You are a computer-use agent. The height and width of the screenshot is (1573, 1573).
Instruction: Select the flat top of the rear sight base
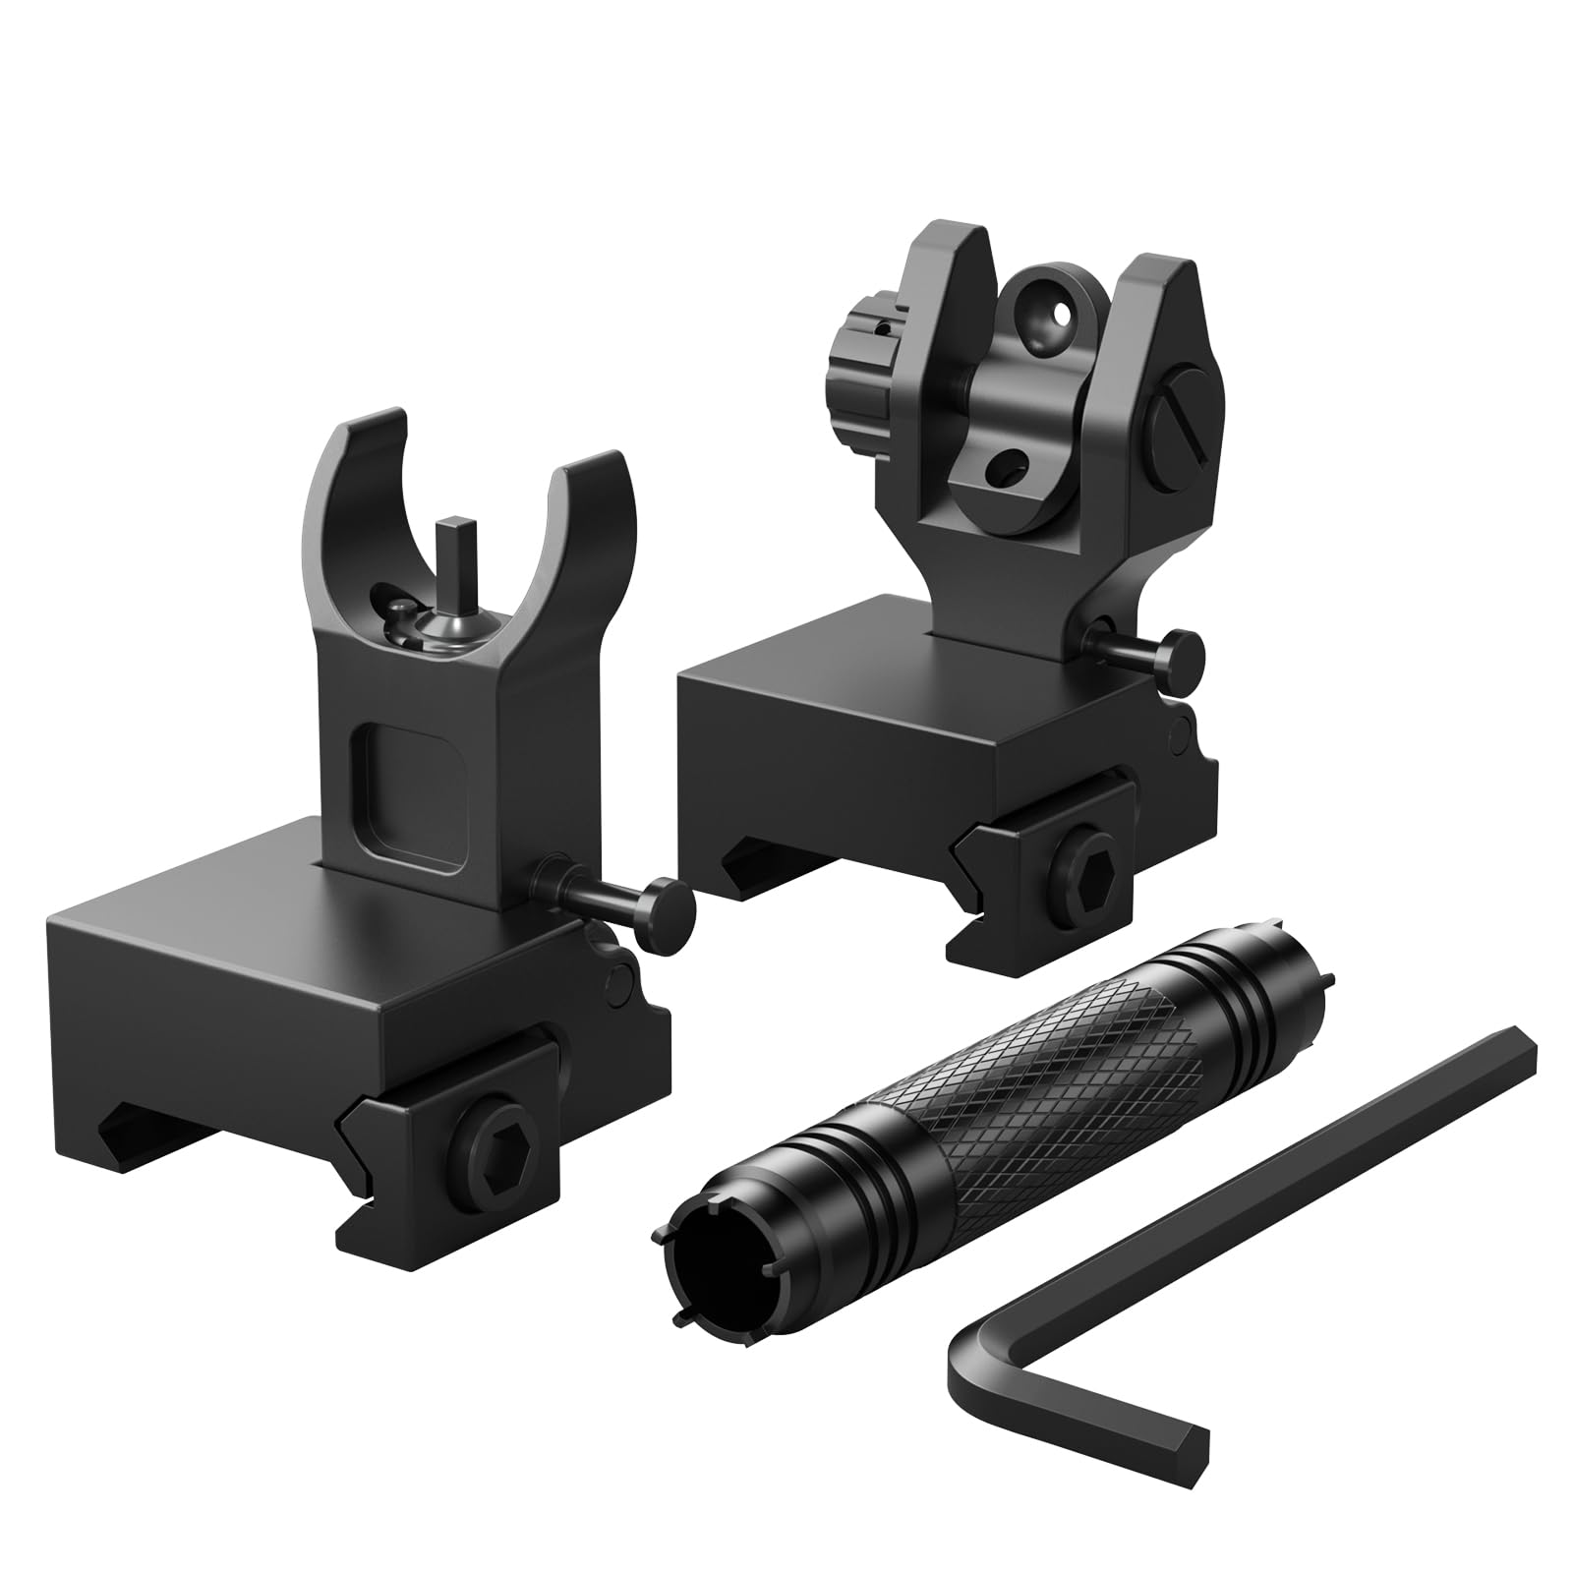point(806,678)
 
